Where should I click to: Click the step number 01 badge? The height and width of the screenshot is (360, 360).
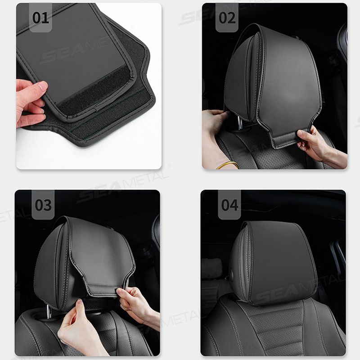coord(40,18)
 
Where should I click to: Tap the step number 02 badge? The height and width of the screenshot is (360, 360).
coord(227,18)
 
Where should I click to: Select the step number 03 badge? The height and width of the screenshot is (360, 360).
coord(43,205)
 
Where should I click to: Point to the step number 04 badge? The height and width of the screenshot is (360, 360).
coord(229,205)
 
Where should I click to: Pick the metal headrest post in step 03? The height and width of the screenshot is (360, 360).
coord(48,310)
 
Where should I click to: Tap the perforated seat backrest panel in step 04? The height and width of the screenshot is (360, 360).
coord(274,324)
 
